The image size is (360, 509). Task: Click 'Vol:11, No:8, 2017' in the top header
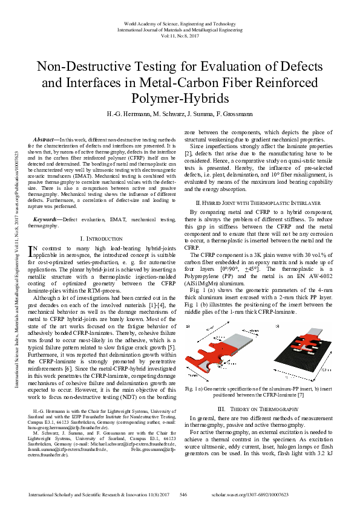180,36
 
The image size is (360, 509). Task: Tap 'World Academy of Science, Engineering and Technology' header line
180,22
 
